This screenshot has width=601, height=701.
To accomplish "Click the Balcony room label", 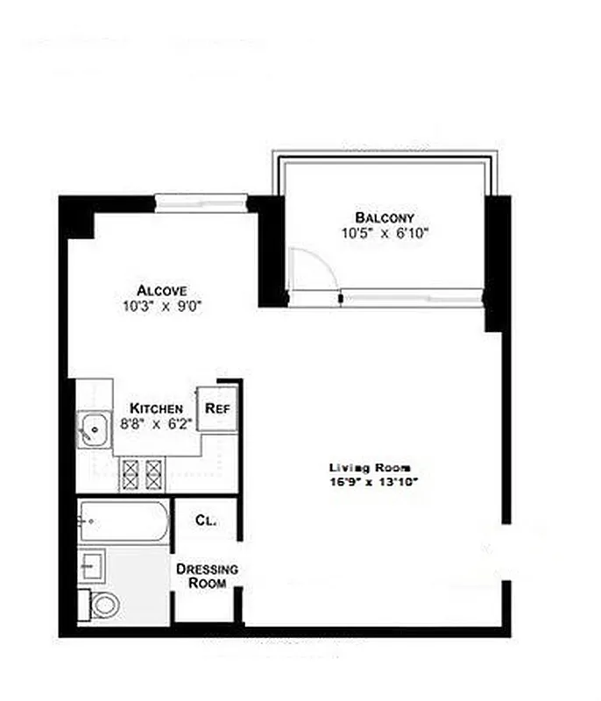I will (x=385, y=217).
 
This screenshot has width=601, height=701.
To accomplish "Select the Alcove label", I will (x=162, y=291).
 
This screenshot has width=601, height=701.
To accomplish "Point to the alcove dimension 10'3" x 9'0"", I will (x=162, y=307).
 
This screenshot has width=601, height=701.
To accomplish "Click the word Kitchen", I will (x=157, y=408).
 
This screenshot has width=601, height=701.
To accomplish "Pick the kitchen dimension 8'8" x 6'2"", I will (x=157, y=423).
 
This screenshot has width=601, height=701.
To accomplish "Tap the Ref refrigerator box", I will (x=216, y=408).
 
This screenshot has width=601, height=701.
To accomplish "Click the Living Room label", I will (x=370, y=467).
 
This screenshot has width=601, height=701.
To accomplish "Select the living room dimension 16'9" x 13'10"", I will (x=370, y=482).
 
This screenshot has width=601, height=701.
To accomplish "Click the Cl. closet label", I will (x=206, y=520).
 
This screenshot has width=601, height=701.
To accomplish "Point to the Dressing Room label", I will (x=206, y=576).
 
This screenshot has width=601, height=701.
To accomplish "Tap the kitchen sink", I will (x=91, y=429).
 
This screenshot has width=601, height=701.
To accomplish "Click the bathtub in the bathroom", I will (x=124, y=523).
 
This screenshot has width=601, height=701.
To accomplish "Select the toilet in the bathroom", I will (x=104, y=604).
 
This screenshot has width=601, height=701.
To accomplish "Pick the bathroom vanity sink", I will (x=92, y=565).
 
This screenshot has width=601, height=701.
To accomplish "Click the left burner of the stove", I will (x=131, y=474).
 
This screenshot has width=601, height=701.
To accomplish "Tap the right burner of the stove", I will (x=154, y=474).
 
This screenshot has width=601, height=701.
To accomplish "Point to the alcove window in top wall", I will (x=202, y=203).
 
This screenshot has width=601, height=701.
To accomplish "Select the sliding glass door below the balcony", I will (x=412, y=298).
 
